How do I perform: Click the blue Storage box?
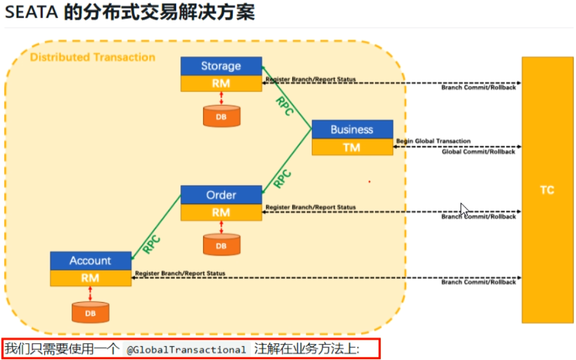tap(221, 66)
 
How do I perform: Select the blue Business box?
tap(352, 130)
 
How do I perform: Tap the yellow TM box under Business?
tap(352, 147)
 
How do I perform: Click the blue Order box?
tap(221, 195)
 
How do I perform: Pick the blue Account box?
tap(90, 261)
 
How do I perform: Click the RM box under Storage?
tap(221, 84)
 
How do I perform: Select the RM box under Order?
tap(221, 213)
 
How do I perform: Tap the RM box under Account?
tap(90, 278)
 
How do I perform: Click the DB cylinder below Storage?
tap(221, 116)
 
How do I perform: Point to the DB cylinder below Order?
tap(221, 245)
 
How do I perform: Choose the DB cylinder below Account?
tap(90, 312)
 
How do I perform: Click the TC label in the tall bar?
tap(547, 190)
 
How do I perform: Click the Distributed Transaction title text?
tap(93, 57)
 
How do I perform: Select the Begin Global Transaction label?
tap(433, 141)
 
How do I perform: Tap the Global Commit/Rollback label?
tap(478, 152)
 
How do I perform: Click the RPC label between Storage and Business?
tap(284, 106)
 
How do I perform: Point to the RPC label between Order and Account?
tap(152, 245)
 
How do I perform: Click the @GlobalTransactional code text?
tap(186, 350)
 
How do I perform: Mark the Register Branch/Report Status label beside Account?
tap(180, 273)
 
